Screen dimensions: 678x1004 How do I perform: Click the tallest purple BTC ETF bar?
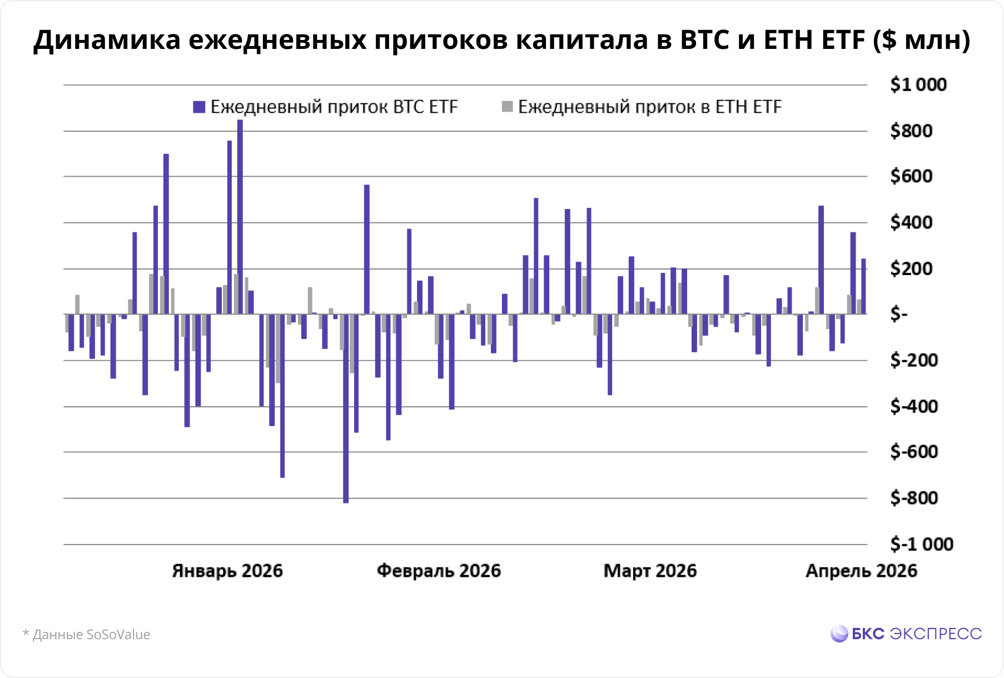tap(240, 217)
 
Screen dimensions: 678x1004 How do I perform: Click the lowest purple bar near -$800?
tap(346, 408)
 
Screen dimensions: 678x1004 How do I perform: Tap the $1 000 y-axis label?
tap(918, 84)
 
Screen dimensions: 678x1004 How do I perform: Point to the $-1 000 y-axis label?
tap(921, 544)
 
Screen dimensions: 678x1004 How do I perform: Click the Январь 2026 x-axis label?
tap(227, 571)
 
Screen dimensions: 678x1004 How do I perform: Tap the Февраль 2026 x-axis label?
tap(439, 571)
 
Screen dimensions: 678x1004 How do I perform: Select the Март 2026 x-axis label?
tap(650, 571)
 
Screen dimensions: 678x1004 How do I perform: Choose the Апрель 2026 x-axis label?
tap(861, 571)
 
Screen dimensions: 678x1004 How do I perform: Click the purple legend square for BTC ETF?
tap(199, 107)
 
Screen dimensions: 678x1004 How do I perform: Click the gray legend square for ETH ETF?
tap(507, 107)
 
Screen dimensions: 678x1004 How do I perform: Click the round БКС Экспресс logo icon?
tap(839, 634)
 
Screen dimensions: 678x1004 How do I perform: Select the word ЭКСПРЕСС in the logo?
tap(936, 634)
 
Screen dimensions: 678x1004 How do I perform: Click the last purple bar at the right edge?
tap(863, 286)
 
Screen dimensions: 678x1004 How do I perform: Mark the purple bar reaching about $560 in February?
tap(366, 250)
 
